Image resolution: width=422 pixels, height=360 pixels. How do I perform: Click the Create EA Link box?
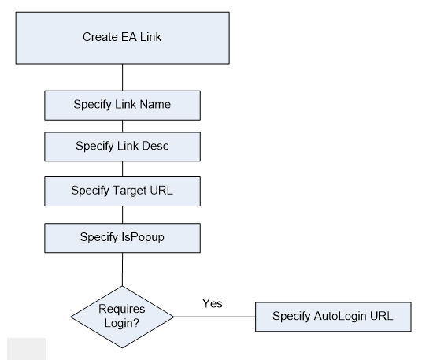[x=122, y=36]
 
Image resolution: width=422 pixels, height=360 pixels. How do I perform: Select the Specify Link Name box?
[x=122, y=103]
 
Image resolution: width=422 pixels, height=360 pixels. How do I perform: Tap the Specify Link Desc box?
[x=122, y=147]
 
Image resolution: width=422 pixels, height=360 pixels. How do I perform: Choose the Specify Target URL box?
[x=122, y=190]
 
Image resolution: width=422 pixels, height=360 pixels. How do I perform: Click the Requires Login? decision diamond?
[x=122, y=316]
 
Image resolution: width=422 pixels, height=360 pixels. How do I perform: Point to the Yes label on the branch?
[x=212, y=303]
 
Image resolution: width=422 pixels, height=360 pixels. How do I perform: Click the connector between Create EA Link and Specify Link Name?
[x=122, y=76]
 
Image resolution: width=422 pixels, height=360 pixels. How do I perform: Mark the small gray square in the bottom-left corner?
[x=26, y=347]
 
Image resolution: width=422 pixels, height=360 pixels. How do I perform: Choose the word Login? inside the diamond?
[x=122, y=322]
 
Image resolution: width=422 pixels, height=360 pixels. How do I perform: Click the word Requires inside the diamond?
[x=122, y=310]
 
